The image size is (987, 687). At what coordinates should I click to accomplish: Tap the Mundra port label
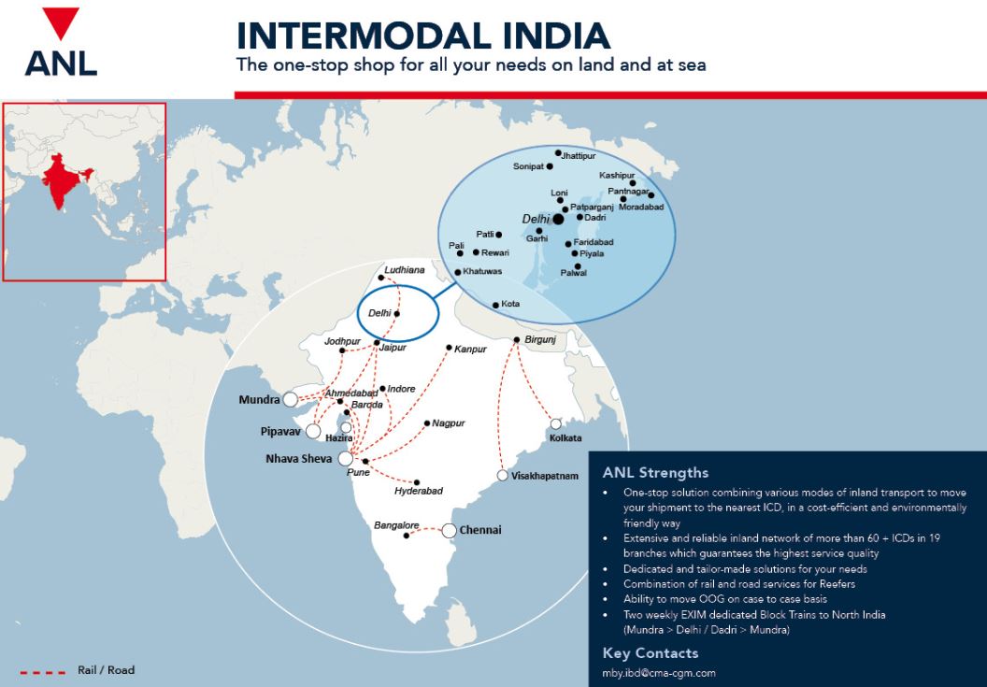pos(259,399)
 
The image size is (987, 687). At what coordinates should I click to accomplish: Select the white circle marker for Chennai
pos(449,531)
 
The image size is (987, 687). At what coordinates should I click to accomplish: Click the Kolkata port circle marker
pos(556,423)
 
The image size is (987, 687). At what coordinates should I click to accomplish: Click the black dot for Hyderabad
pos(417,482)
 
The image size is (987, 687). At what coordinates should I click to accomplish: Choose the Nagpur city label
pos(449,423)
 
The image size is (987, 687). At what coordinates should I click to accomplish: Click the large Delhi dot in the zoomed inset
pos(558,219)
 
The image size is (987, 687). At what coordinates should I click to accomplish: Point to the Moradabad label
pos(641,207)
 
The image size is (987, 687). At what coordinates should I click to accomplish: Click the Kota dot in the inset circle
pos(496,305)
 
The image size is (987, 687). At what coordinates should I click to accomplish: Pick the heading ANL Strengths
pos(655,472)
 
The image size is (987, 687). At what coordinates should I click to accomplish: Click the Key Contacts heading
pos(651,652)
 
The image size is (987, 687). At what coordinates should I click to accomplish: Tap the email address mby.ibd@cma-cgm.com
pos(659,673)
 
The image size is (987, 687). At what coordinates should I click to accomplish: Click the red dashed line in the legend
pos(42,671)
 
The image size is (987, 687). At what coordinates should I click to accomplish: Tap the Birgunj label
pos(540,339)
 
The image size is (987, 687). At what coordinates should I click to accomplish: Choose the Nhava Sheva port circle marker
pos(346,458)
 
